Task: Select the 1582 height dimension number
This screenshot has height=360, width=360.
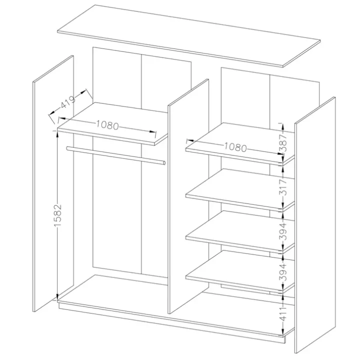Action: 57,215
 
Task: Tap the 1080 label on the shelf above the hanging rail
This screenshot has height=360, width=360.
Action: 107,125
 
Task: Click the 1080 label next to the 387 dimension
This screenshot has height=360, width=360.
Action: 235,147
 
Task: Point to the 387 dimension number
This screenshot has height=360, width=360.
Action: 284,143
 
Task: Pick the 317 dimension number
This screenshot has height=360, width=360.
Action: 284,187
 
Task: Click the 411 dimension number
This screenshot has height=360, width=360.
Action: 284,313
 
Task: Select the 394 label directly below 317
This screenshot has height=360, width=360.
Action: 284,231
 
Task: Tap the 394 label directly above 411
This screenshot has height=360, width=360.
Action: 284,273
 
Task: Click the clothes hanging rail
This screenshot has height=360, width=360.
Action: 115,155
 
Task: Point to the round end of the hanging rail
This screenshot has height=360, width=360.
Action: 163,163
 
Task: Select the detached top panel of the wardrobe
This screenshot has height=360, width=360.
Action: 188,35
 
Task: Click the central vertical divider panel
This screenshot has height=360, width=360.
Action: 188,196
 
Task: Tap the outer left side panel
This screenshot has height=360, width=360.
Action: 53,183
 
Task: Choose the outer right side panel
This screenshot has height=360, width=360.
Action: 315,226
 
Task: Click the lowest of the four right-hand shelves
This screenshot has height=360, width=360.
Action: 240,272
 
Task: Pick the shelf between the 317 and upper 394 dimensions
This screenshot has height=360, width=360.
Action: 240,232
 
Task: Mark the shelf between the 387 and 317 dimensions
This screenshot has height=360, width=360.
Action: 240,190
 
